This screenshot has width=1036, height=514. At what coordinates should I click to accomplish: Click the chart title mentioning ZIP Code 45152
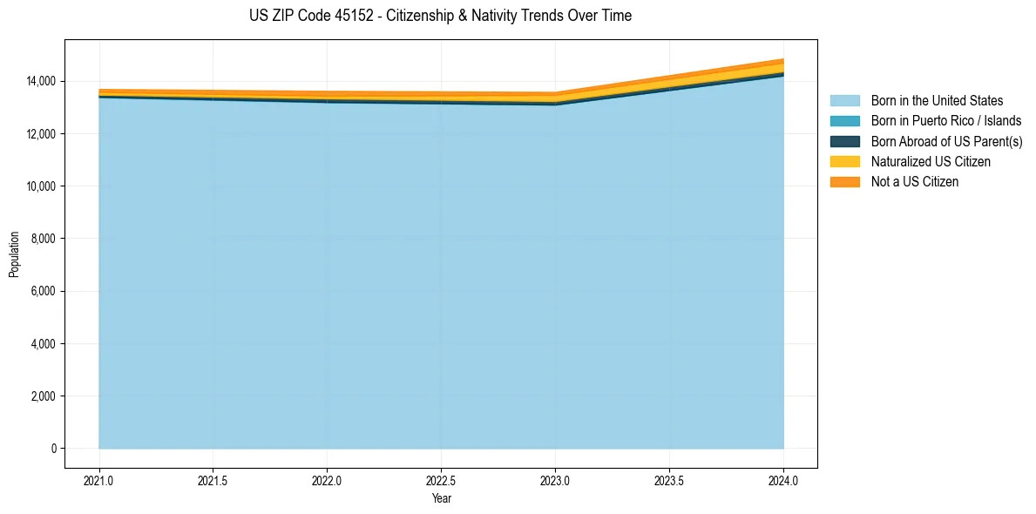[x=440, y=16]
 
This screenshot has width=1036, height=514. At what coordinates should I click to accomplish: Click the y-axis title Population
[x=14, y=254]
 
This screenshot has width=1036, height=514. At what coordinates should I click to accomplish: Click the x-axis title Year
[x=441, y=499]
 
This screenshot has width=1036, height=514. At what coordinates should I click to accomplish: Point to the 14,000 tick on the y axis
[x=41, y=81]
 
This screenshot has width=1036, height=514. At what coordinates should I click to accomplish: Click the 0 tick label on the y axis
[x=53, y=449]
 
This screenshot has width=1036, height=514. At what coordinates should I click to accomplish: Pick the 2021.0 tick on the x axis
[x=99, y=480]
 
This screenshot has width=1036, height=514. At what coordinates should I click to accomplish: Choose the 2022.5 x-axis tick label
[x=441, y=480]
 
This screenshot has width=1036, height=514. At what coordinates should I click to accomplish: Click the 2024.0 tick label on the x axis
[x=783, y=480]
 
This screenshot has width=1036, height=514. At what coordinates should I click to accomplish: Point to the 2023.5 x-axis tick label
[x=669, y=480]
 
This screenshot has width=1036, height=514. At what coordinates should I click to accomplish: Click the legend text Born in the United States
[x=937, y=101]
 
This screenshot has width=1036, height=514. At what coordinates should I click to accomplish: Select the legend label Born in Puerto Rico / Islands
[x=946, y=121]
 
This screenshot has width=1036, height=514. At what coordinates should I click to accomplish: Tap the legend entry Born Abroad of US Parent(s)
[x=946, y=141]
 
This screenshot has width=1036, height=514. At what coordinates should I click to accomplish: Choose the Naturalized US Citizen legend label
[x=931, y=162]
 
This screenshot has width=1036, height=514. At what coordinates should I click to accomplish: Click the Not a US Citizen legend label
[x=914, y=182]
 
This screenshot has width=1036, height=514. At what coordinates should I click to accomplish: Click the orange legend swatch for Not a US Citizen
[x=844, y=182]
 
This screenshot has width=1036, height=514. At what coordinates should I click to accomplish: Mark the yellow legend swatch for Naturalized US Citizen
[x=844, y=162]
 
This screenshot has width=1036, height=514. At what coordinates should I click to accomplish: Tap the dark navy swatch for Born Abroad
[x=844, y=141]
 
